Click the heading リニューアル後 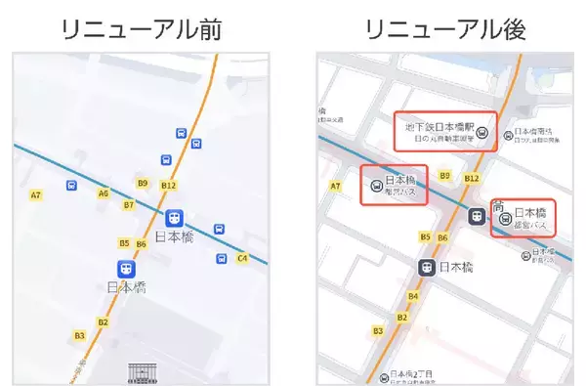point(445,29)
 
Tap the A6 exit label point(103,193)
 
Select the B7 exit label point(128,205)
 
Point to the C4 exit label point(242,259)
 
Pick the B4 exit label point(413,296)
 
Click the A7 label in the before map point(35,195)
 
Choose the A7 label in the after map point(335,186)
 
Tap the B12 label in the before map point(168,185)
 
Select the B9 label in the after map point(444,176)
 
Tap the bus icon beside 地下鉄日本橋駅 point(481,129)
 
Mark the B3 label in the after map point(377,332)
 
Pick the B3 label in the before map point(80,335)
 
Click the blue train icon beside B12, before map point(175,216)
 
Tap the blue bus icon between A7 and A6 point(70,186)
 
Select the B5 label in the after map point(425,237)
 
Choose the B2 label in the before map point(103,322)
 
